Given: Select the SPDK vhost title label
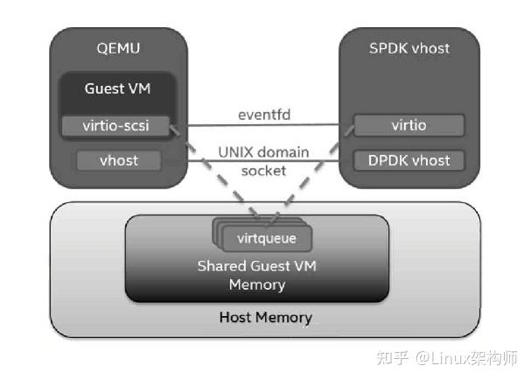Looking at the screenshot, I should [x=409, y=49].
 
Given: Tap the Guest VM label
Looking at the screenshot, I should [x=117, y=88].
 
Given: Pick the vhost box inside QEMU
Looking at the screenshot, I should [x=117, y=160].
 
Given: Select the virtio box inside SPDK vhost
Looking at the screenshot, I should [x=409, y=125].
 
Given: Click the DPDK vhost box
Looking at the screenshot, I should [x=409, y=160].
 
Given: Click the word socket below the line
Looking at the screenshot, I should [x=263, y=171].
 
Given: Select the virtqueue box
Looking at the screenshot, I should [x=266, y=236].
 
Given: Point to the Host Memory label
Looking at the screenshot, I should [x=264, y=316].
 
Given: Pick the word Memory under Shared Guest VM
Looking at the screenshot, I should [x=264, y=285].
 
